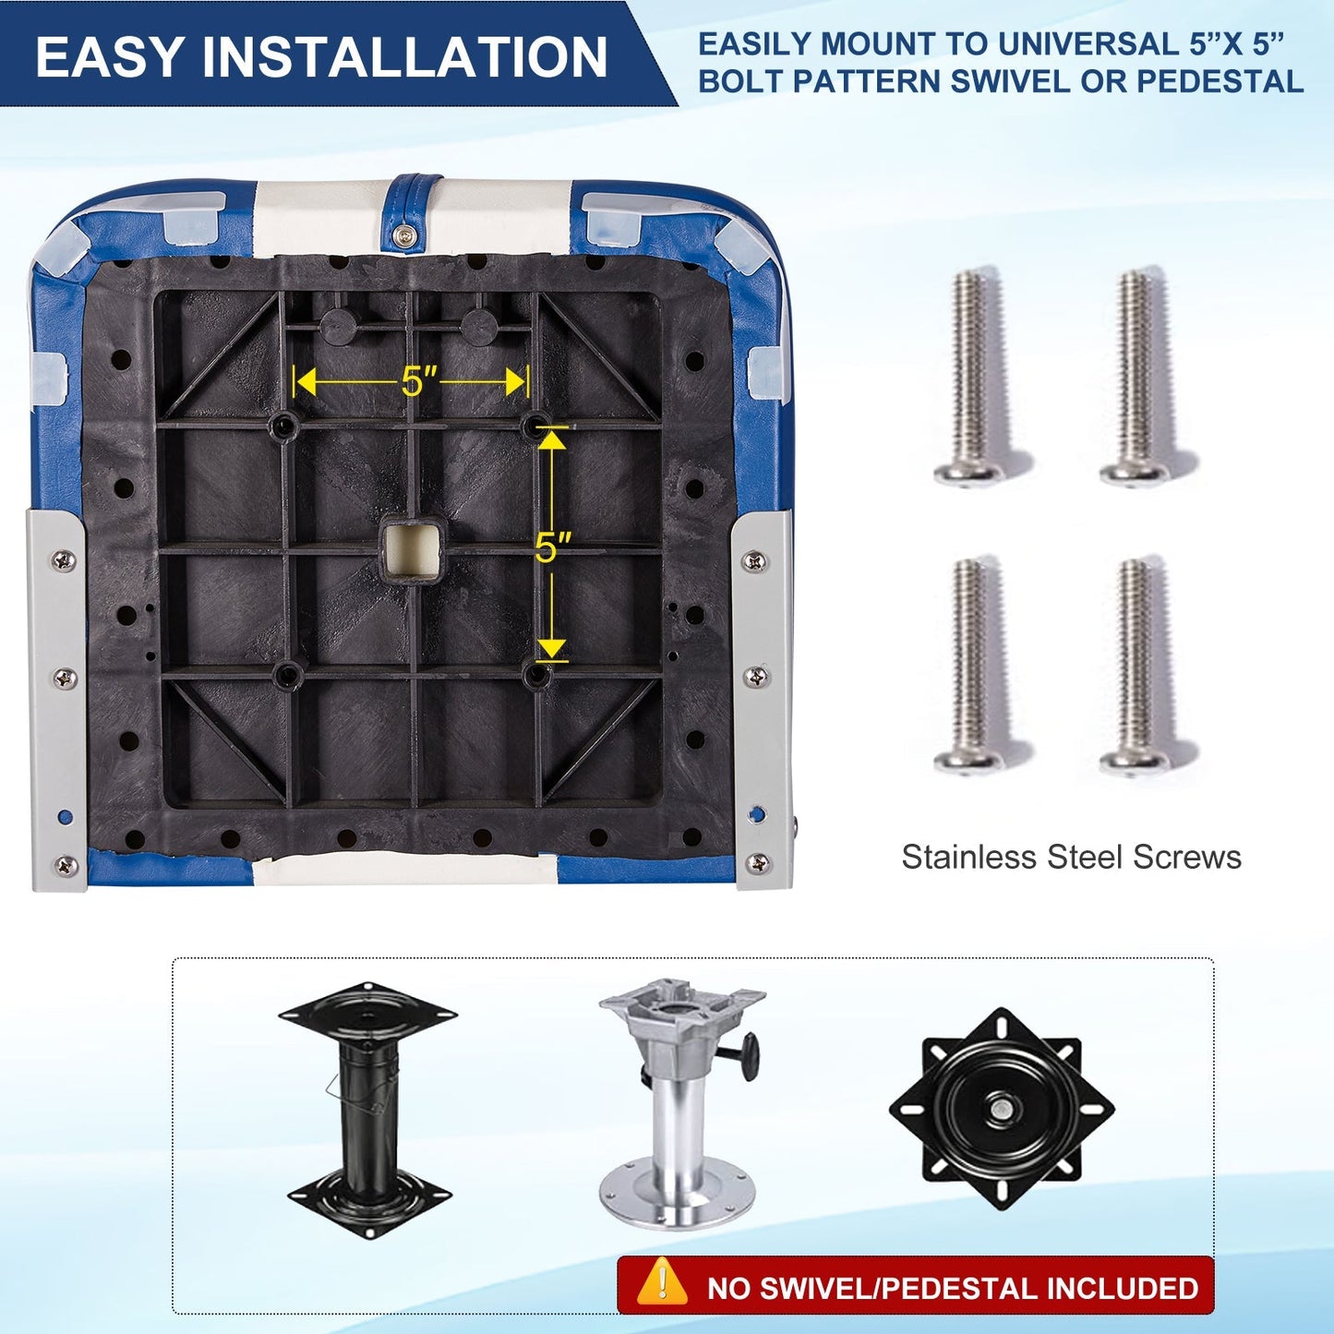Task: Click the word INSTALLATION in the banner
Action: point(405,56)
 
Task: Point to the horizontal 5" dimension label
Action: point(419,380)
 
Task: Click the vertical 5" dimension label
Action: point(554,547)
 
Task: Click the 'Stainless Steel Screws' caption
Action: point(1071,858)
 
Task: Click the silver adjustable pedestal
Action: point(680,1102)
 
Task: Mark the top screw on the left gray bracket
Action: point(65,560)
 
